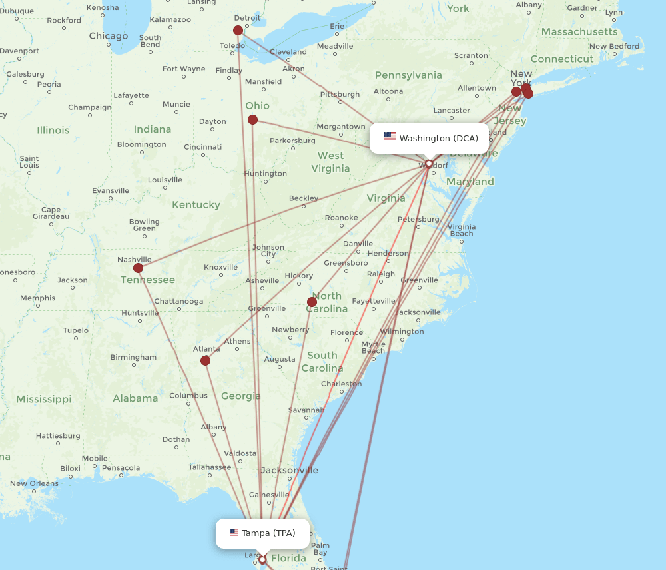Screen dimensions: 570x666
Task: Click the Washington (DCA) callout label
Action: tap(430, 138)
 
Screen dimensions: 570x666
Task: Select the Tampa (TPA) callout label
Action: tap(262, 533)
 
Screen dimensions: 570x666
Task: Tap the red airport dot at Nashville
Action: tap(138, 268)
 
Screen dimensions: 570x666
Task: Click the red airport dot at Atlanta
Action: tap(205, 360)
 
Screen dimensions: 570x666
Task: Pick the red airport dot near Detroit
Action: tap(238, 30)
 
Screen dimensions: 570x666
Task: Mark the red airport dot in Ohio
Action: tap(252, 120)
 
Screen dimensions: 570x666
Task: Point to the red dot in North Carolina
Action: tap(312, 302)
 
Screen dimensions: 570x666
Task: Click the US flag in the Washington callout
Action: tap(390, 137)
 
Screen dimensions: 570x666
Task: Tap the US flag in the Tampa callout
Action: tap(234, 533)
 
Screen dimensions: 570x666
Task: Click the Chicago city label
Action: tap(108, 36)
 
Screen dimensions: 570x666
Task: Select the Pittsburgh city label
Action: tap(340, 95)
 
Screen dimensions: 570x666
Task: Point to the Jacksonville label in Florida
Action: tap(289, 470)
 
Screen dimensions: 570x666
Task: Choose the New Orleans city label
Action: tap(34, 483)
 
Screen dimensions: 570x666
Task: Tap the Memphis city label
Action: tap(37, 298)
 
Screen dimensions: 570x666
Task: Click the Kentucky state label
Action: tap(196, 205)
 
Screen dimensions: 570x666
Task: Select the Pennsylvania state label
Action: tap(408, 75)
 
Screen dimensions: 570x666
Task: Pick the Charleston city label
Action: tap(341, 384)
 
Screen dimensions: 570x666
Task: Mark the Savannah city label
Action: tap(306, 410)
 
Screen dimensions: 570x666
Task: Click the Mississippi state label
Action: tap(44, 399)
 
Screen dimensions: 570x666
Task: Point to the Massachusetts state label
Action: tap(579, 32)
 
